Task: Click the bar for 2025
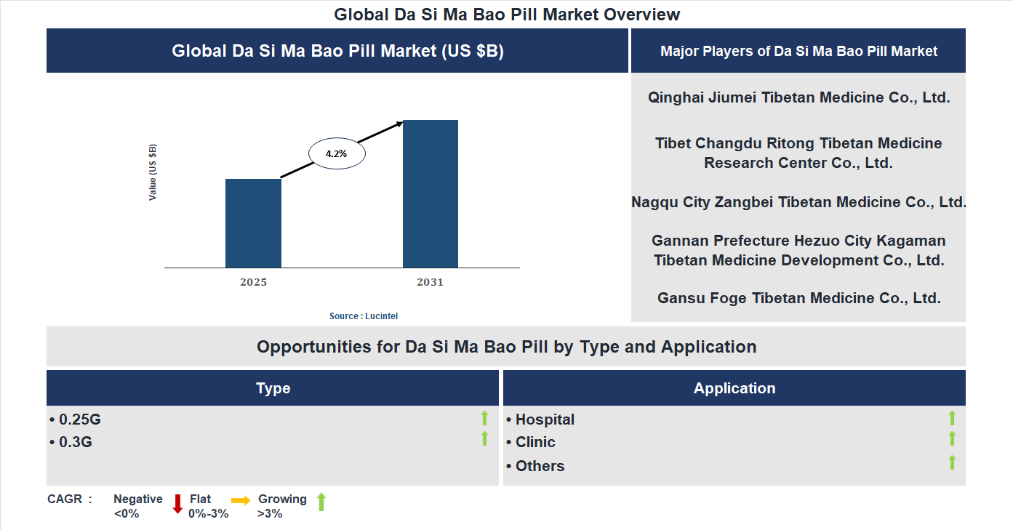pyautogui.click(x=253, y=223)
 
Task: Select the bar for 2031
pyautogui.click(x=431, y=194)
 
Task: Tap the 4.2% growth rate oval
pyautogui.click(x=337, y=154)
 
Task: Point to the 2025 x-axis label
pyautogui.click(x=253, y=282)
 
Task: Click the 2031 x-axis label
pyautogui.click(x=430, y=282)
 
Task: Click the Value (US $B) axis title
pyautogui.click(x=153, y=172)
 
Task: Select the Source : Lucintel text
pyautogui.click(x=364, y=316)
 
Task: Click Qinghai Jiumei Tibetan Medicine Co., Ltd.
pyautogui.click(x=798, y=97)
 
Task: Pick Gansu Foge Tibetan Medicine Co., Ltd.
pyautogui.click(x=798, y=298)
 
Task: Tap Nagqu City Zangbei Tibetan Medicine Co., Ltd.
pyautogui.click(x=798, y=202)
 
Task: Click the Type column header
pyautogui.click(x=273, y=388)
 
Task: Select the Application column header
pyautogui.click(x=734, y=388)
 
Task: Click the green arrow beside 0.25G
pyautogui.click(x=484, y=418)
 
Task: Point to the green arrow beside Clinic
pyautogui.click(x=952, y=439)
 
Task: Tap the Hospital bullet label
pyautogui.click(x=545, y=419)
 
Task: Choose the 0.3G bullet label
pyautogui.click(x=75, y=442)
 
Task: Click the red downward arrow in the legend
pyautogui.click(x=177, y=504)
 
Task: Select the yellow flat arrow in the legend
pyautogui.click(x=241, y=500)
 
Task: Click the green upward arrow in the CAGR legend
pyautogui.click(x=321, y=502)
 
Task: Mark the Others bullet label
pyautogui.click(x=540, y=466)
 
